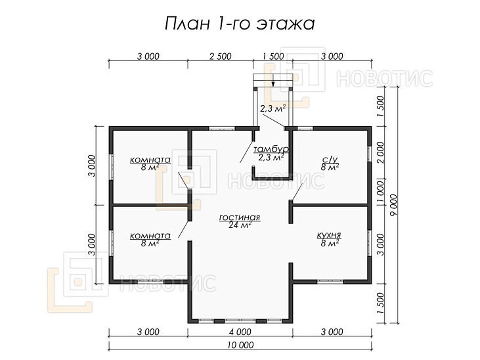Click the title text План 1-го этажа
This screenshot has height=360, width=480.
[x=239, y=24]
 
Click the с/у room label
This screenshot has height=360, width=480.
[x=330, y=159]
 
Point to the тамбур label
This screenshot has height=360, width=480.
[x=271, y=150]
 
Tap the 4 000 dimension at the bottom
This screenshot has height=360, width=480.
[x=240, y=331]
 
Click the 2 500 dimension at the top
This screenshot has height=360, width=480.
[x=220, y=56]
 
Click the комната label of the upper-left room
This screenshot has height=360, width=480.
[x=150, y=160]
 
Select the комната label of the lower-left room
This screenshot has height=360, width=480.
[x=150, y=235]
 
